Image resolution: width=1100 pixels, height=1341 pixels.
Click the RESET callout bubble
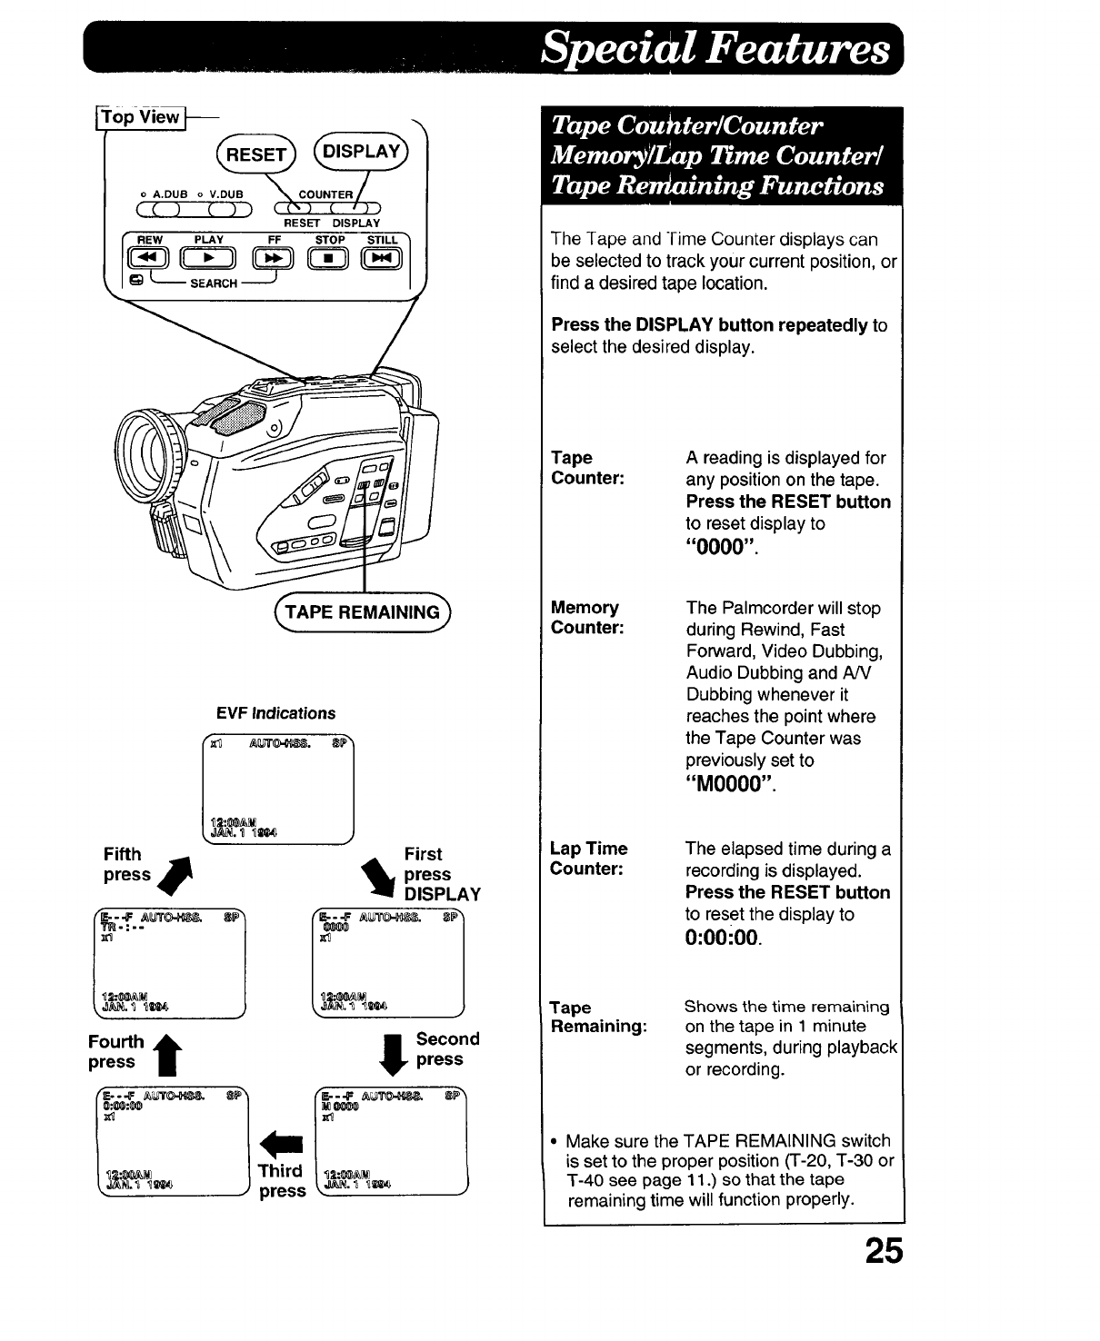pos(255,154)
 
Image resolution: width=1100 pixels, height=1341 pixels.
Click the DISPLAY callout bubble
pos(361,152)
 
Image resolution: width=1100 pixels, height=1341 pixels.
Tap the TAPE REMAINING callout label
pos(362,611)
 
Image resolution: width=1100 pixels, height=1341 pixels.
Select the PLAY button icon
pos(209,261)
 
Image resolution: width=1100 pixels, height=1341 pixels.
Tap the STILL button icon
pos(382,261)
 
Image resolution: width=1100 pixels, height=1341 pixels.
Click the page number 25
pos(884,1252)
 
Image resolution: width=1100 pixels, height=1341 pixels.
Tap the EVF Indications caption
pos(275,713)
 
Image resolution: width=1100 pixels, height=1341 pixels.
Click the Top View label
pos(142,117)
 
